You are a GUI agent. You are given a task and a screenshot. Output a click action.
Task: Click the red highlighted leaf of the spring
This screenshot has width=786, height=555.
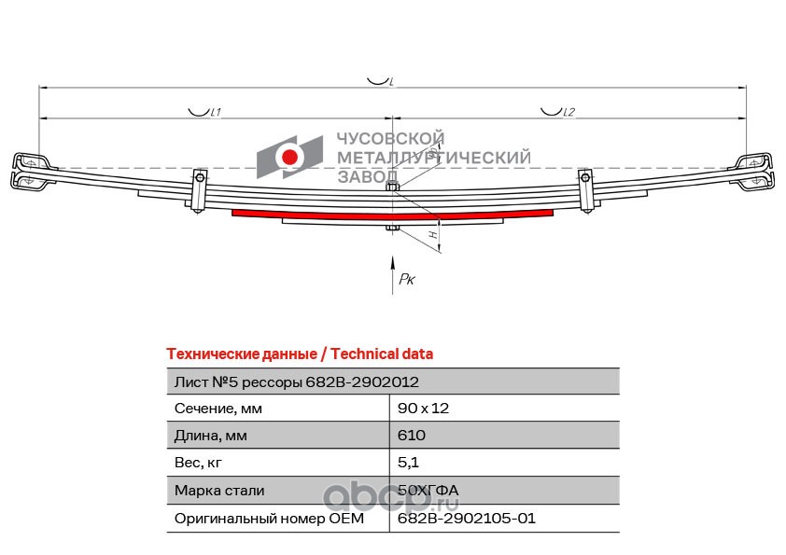point(392,215)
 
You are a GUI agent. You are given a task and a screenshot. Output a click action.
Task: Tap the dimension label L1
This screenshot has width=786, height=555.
point(216,112)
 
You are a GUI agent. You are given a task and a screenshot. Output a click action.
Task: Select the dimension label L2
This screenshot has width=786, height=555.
point(568,112)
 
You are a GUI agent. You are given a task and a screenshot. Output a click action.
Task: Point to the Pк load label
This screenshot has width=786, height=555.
point(407,279)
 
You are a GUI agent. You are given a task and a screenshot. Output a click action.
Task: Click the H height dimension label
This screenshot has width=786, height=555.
point(434,234)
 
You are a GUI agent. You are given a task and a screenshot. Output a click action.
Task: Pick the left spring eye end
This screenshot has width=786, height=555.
point(30,171)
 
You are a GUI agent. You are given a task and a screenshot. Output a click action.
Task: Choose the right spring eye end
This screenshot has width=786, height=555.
point(755,171)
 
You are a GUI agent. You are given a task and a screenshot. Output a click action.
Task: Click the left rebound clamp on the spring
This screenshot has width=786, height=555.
point(199,191)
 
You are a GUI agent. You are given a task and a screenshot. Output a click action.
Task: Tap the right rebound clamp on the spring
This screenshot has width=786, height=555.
point(585,191)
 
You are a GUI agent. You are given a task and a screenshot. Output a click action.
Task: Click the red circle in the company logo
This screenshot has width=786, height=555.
point(289,158)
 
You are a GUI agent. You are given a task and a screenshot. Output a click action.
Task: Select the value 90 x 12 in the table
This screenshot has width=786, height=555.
point(423,409)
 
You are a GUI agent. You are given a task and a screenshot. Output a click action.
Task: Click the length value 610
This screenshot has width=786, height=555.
point(412,436)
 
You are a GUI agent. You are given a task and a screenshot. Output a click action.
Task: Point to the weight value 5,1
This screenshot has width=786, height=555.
point(408,463)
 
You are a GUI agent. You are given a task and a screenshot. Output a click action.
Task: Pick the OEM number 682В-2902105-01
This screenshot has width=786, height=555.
point(467,518)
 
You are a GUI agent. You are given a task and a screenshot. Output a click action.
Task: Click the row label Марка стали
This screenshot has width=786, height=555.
point(219,491)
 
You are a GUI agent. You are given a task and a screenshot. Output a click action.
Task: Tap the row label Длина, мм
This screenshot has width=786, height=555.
point(211,436)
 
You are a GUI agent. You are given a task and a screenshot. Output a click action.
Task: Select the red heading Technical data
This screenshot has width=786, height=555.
point(382,354)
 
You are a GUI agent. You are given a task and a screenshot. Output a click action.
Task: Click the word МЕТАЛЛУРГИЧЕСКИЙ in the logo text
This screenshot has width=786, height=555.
point(433,158)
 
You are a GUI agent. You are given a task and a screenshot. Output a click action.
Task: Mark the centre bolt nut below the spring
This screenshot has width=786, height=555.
point(392,229)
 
